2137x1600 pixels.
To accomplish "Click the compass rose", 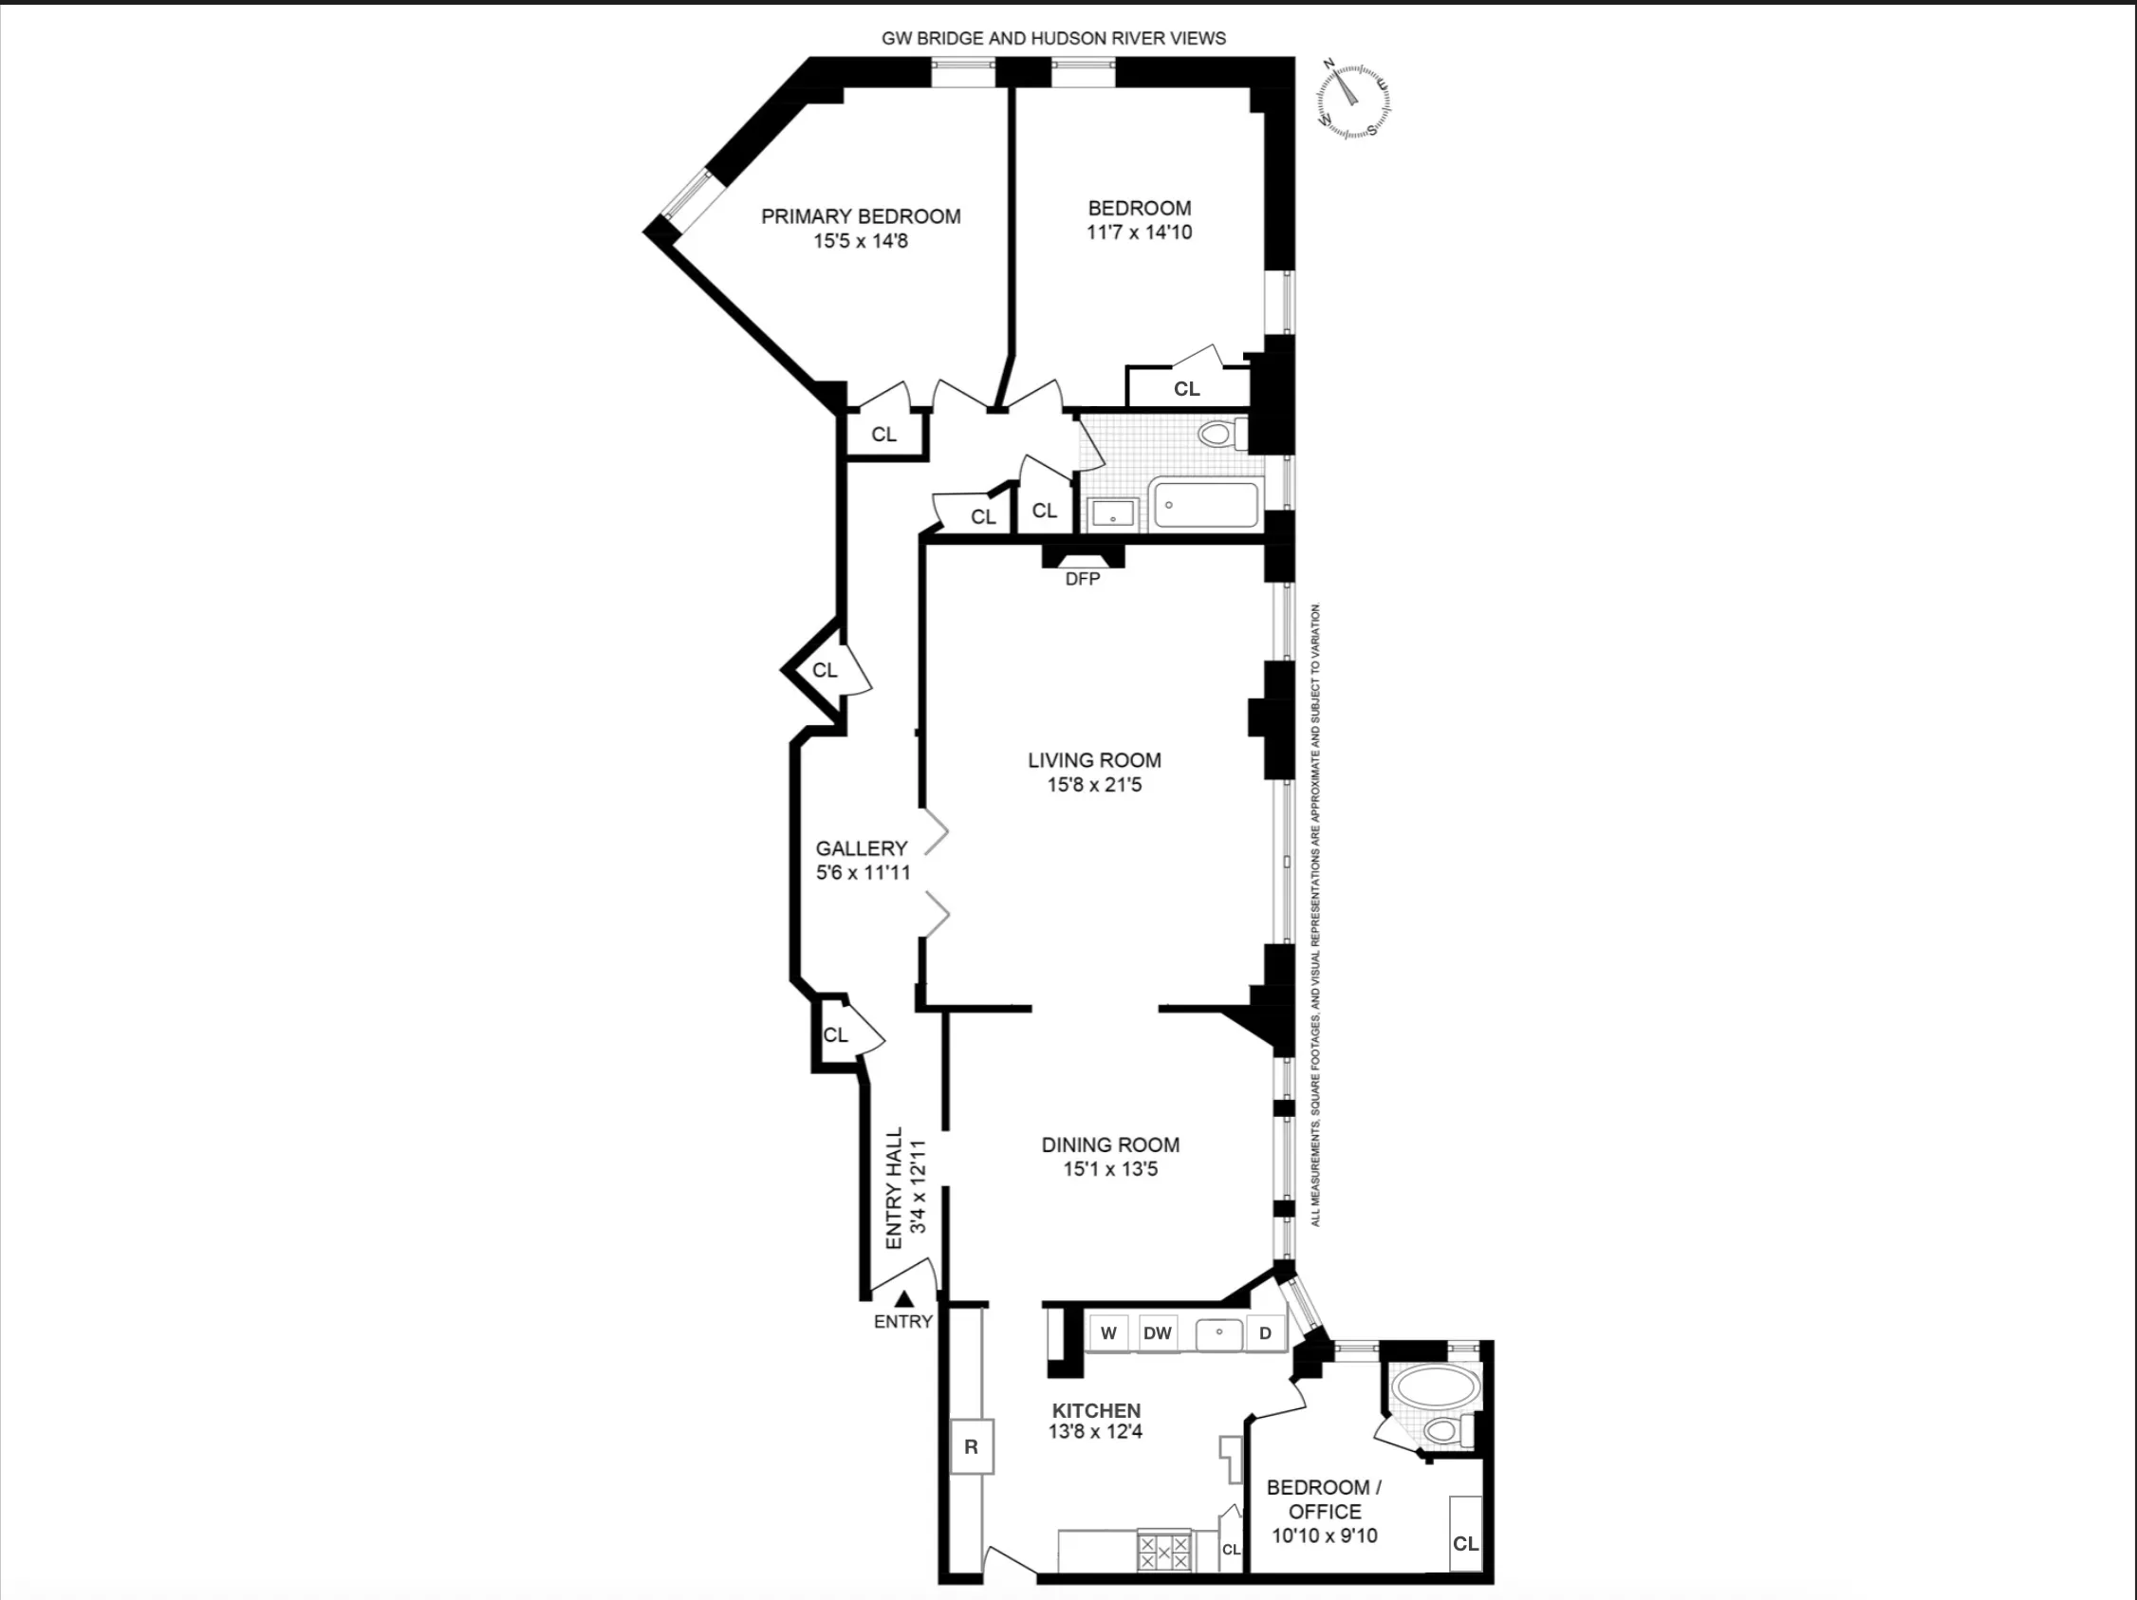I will click(x=1354, y=100).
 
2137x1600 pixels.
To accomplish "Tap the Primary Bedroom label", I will click(x=860, y=216).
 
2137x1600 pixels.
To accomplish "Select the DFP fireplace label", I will click(x=1082, y=579).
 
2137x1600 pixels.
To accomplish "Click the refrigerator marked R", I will click(x=971, y=1446).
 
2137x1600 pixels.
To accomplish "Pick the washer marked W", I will click(x=1108, y=1333).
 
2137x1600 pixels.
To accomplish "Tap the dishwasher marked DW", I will click(x=1157, y=1333).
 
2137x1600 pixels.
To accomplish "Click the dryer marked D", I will click(x=1265, y=1333).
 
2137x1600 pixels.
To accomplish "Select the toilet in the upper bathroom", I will click(x=1219, y=434).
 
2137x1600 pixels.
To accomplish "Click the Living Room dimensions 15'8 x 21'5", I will click(x=1093, y=785).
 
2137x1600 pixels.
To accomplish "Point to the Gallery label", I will click(x=861, y=848).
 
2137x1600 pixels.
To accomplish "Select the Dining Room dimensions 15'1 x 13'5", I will click(x=1110, y=1169).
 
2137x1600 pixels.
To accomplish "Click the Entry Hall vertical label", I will click(x=895, y=1187).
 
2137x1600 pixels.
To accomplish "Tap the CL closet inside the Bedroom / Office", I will click(x=1464, y=1543).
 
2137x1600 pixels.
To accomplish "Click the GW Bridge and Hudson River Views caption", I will click(x=1053, y=39).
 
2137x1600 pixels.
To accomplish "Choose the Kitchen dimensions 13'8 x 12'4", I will click(x=1096, y=1432).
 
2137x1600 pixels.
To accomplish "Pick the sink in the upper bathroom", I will click(x=1113, y=515).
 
